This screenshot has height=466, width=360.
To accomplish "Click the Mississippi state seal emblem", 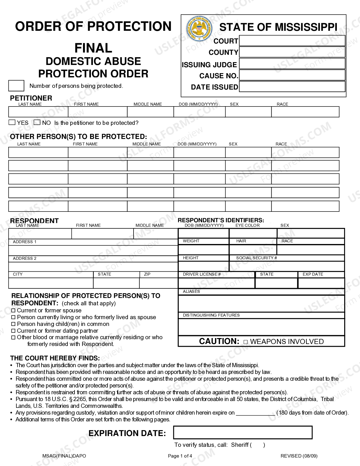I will [x=199, y=29].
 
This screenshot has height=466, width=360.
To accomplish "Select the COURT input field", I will [x=292, y=41].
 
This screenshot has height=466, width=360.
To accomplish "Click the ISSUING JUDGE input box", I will [x=292, y=64].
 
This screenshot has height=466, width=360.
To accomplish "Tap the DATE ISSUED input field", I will [x=292, y=87].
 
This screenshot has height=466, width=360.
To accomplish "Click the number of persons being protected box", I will [x=16, y=86].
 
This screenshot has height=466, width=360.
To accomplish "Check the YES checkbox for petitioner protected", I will [x=12, y=123].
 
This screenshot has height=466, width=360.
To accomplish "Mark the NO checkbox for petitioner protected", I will [x=37, y=123].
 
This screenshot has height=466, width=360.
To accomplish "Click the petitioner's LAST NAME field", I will [x=38, y=112].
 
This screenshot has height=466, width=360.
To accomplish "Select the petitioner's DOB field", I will [x=199, y=112].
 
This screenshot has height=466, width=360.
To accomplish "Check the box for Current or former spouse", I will [x=13, y=310].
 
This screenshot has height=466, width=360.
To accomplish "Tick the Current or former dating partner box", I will [x=13, y=331].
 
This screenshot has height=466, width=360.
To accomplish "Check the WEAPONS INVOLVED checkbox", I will [x=245, y=342].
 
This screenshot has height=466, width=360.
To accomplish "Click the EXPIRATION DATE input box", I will [x=243, y=433].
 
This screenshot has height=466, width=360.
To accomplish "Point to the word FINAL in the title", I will [x=93, y=48].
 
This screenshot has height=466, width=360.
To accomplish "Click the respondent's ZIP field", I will [x=158, y=283].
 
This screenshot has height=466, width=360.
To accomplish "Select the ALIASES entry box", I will [x=261, y=304].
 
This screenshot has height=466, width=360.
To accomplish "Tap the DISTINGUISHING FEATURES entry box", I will [x=261, y=327].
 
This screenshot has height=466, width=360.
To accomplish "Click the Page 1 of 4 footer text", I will [x=180, y=456].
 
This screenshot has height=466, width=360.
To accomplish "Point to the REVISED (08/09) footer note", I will [x=299, y=456].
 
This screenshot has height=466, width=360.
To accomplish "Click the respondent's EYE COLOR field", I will [x=253, y=233].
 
